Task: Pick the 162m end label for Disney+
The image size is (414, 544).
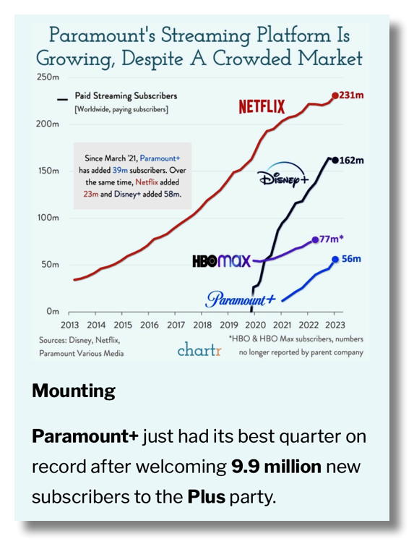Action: click(352, 160)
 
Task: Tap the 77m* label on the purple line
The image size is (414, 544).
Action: click(332, 239)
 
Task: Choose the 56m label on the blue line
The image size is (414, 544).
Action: click(351, 258)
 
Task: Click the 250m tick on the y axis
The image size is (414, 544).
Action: click(48, 77)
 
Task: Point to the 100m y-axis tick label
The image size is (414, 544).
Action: click(48, 218)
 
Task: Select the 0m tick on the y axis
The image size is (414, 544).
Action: click(53, 312)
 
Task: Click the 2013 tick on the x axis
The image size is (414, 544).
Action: click(69, 325)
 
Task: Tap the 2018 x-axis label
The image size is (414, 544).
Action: click(202, 325)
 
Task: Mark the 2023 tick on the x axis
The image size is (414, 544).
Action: click(335, 325)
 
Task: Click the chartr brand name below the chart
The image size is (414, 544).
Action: click(199, 350)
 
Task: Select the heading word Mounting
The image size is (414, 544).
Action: click(74, 391)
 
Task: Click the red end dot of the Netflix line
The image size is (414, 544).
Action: click(335, 95)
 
